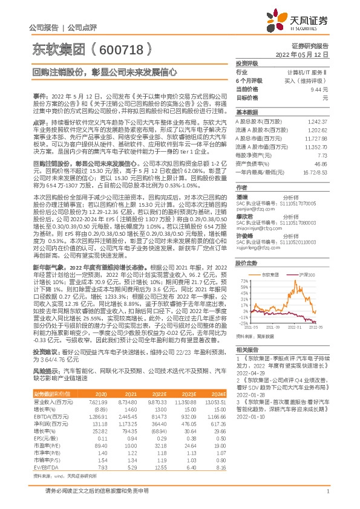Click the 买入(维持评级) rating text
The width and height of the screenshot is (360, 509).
coord(309,80)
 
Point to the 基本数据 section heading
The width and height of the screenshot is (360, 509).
coord(247,112)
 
